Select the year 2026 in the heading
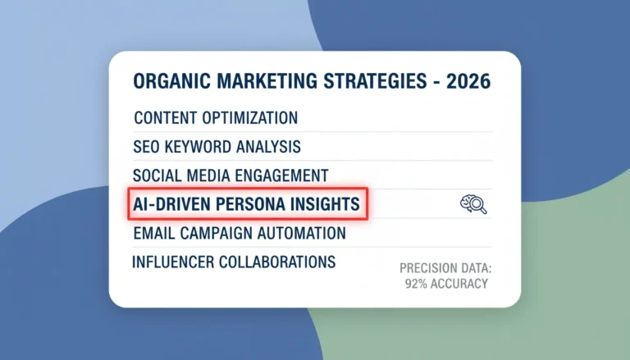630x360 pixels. [468, 81]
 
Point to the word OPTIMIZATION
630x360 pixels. [250, 118]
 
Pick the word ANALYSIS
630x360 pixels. [268, 147]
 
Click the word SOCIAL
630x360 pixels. [157, 176]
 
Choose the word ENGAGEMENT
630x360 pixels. [281, 176]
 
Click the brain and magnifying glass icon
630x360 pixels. [473, 204]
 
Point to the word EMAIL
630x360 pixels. [154, 234]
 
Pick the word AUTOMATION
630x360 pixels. [301, 234]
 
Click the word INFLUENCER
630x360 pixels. [173, 262]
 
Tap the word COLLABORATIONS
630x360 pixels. [277, 262]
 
